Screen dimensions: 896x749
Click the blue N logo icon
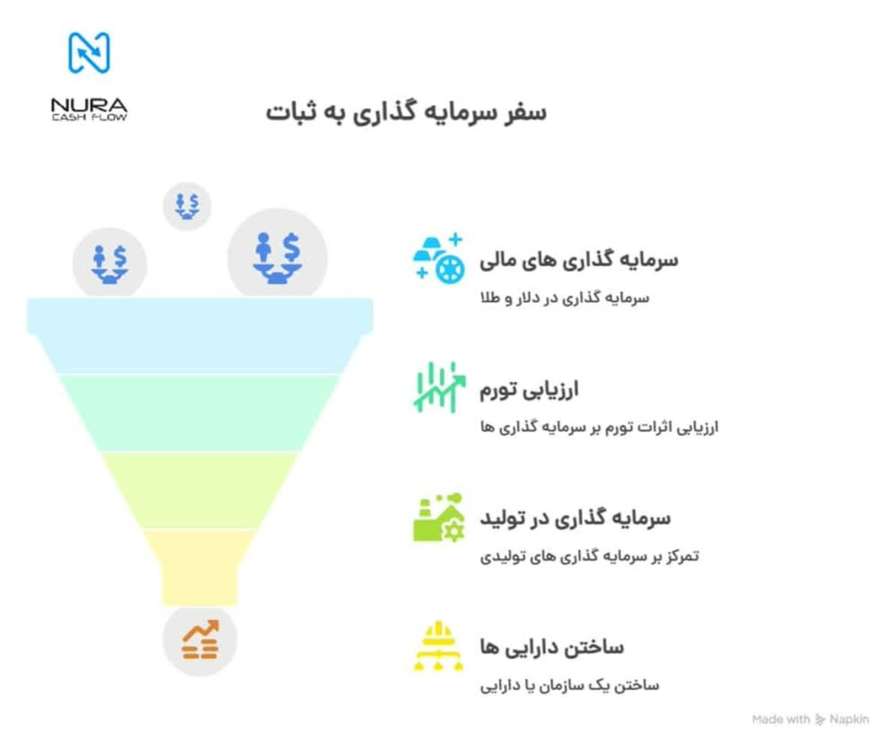89,53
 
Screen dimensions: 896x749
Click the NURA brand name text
89,105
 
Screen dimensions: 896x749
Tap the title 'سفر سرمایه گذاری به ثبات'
406,112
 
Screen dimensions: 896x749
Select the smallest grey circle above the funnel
187,206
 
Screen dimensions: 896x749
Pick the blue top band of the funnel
200,335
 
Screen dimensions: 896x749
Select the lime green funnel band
200,491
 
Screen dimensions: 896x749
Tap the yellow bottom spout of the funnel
200,567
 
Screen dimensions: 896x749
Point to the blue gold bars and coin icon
438,258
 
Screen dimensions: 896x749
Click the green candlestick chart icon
439,388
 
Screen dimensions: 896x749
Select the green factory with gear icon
438,517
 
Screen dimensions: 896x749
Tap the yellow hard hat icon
438,646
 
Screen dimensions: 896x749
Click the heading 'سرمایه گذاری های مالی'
579,260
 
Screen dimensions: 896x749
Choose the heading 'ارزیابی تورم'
529,389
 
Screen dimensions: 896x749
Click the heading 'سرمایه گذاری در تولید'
575,518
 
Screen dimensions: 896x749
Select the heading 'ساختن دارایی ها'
551,647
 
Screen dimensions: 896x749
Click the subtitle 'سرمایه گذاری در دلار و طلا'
564,297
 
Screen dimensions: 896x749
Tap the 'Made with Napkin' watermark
810,719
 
